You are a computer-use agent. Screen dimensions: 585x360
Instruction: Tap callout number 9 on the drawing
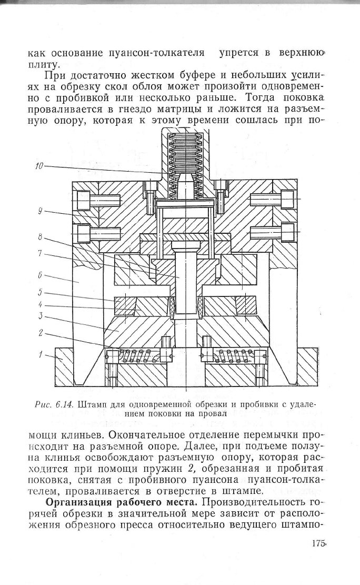(40, 211)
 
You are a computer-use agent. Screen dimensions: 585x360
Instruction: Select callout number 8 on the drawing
(40, 237)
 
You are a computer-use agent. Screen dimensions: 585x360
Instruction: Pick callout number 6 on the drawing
(40, 274)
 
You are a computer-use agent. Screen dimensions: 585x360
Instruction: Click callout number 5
(40, 292)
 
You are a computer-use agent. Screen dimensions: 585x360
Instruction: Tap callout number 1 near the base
(41, 354)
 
